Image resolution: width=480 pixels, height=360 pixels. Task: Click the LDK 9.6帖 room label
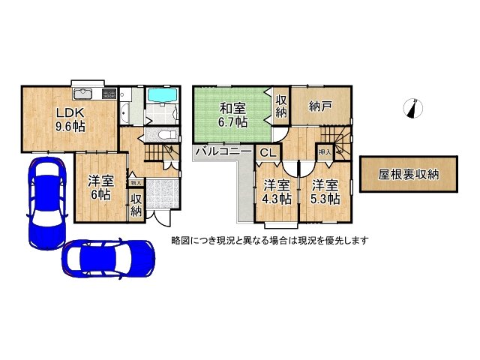68,119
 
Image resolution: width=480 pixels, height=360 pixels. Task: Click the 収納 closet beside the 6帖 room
136,204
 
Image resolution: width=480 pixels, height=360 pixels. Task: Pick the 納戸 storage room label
320,107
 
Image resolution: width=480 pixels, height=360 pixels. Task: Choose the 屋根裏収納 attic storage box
408,175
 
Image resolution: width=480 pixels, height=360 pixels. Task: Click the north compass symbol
411,109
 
